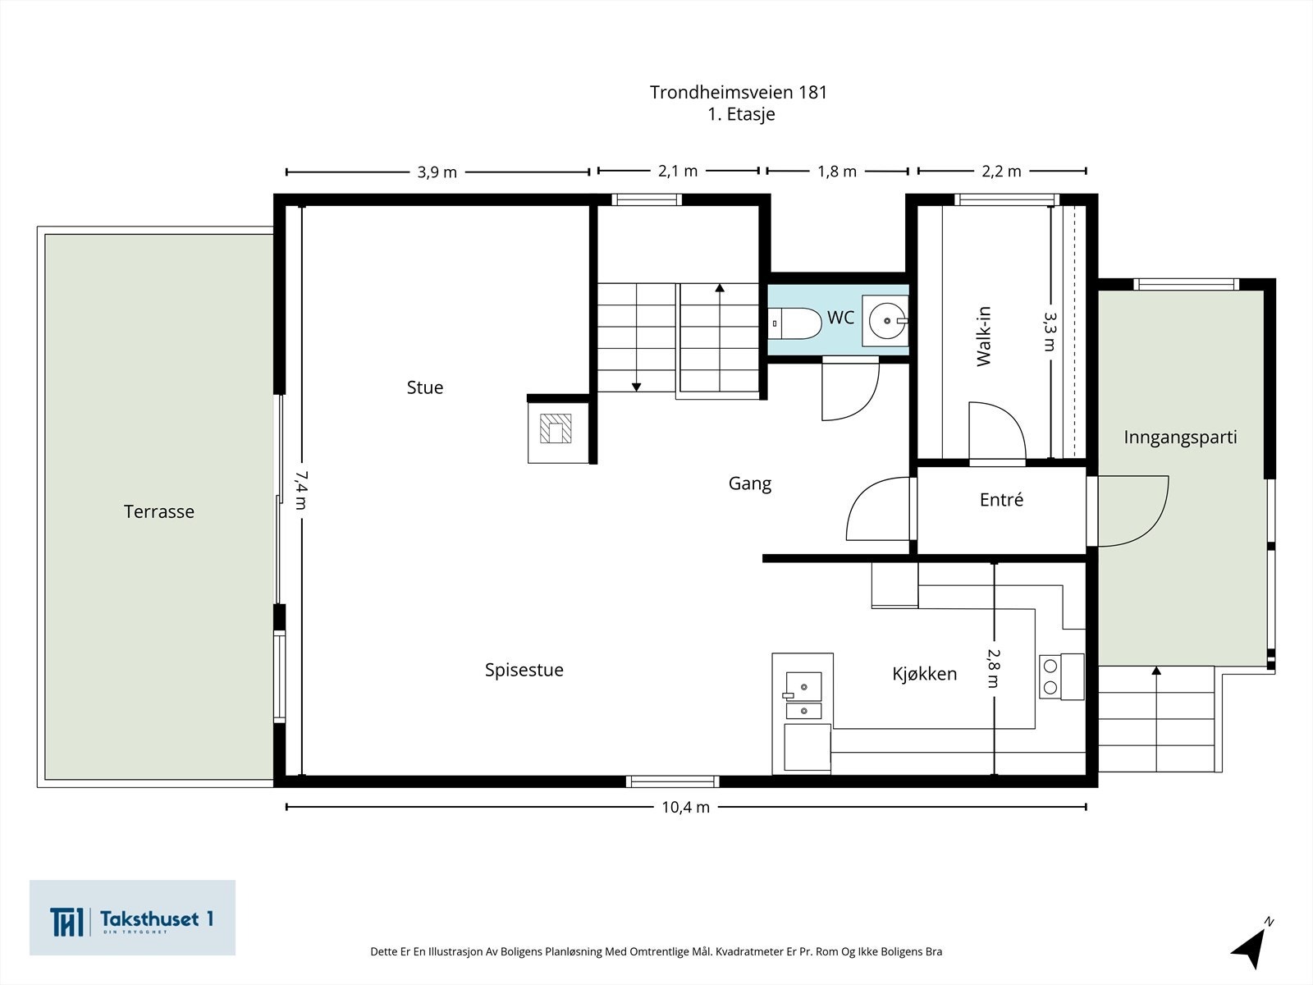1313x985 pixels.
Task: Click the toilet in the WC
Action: (x=794, y=323)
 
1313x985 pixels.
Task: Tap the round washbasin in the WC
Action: (x=887, y=321)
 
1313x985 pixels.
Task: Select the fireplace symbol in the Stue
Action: (x=555, y=428)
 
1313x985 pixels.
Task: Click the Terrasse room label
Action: (x=159, y=511)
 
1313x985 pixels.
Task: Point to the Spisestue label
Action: (x=524, y=670)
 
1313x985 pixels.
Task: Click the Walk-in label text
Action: (x=983, y=337)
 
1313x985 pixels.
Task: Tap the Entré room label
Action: (x=1001, y=499)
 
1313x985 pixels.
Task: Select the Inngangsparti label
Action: (x=1180, y=438)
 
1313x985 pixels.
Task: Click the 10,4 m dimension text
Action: (x=685, y=808)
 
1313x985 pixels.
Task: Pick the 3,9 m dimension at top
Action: (x=437, y=172)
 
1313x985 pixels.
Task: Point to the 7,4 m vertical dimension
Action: (x=301, y=490)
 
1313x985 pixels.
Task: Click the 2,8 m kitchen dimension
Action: (x=994, y=668)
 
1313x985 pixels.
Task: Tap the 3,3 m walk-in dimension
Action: (x=1050, y=332)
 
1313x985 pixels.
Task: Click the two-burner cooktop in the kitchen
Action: (x=1061, y=676)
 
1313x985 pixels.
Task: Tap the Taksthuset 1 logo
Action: (x=132, y=917)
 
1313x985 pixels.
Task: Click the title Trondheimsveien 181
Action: (x=738, y=92)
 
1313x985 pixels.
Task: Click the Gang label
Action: (x=749, y=483)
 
